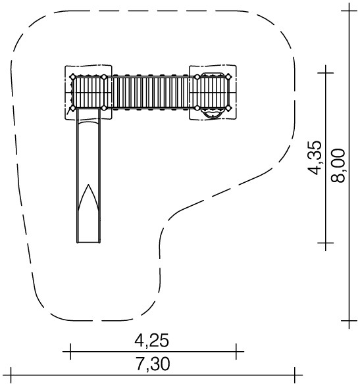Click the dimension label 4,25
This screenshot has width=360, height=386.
pyautogui.click(x=151, y=341)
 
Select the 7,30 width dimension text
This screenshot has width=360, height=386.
pyautogui.click(x=153, y=364)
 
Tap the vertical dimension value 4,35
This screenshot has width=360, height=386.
pyautogui.click(x=315, y=158)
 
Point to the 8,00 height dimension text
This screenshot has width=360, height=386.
pyautogui.click(x=338, y=166)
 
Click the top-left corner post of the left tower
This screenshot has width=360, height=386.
pyautogui.click(x=72, y=77)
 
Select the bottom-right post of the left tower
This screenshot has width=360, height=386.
pyautogui.click(x=104, y=108)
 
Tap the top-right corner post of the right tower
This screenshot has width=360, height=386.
pyautogui.click(x=228, y=77)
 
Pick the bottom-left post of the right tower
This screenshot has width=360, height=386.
pyautogui.click(x=197, y=108)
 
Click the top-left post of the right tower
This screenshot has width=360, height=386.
pyautogui.click(x=197, y=77)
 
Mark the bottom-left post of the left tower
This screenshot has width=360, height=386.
pyautogui.click(x=72, y=108)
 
